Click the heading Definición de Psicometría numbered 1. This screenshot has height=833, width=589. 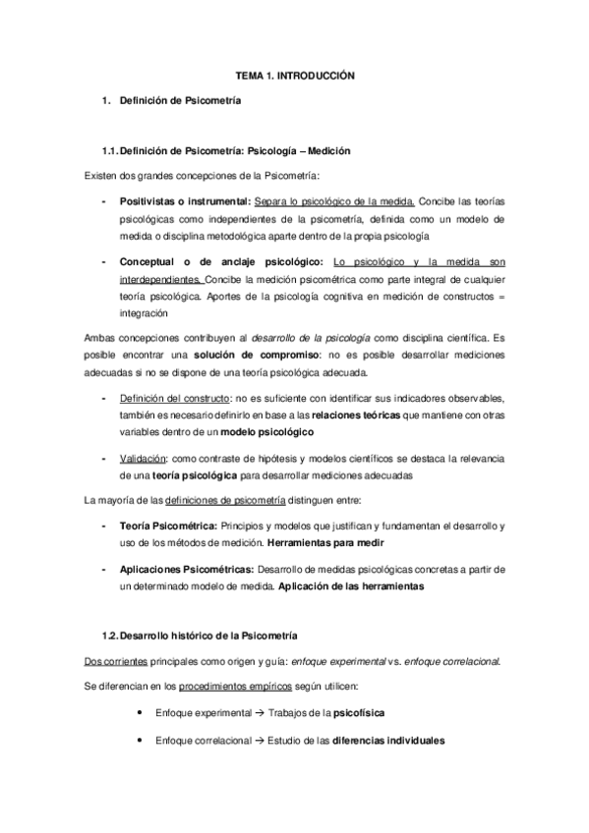(178, 100)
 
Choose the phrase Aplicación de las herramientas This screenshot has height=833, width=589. (351, 586)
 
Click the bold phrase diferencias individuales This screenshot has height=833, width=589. (388, 741)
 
